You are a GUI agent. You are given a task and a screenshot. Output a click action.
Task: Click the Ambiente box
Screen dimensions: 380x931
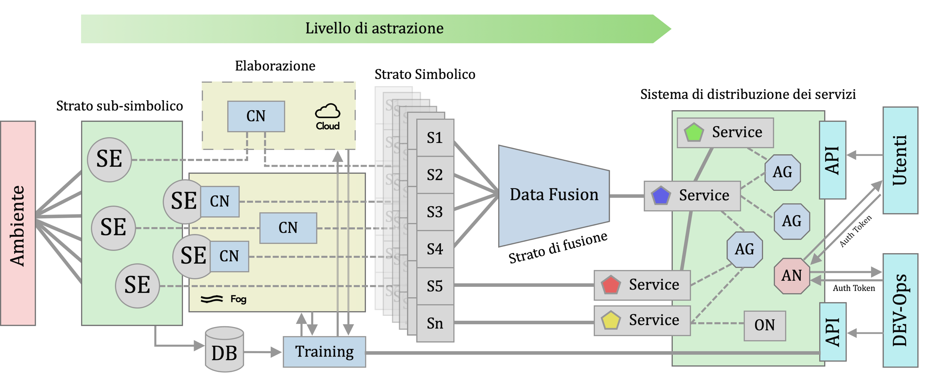(x=18, y=223)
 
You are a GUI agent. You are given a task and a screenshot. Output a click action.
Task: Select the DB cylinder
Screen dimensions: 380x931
(x=224, y=350)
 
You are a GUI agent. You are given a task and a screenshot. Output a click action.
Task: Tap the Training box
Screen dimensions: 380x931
(x=324, y=352)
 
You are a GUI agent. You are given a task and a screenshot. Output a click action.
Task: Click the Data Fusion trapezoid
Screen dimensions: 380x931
(x=554, y=195)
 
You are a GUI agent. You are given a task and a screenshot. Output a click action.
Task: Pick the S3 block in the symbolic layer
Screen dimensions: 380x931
(x=435, y=212)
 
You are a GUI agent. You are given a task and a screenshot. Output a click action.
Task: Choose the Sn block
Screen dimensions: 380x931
(x=435, y=323)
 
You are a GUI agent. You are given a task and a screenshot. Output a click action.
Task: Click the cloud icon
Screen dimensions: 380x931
(x=327, y=111)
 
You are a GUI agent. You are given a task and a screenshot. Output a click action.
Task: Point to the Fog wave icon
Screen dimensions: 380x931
(x=212, y=299)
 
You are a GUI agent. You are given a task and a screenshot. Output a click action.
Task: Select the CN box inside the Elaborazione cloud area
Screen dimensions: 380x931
(x=256, y=116)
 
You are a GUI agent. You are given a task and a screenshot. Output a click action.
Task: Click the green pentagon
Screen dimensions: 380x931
(x=694, y=133)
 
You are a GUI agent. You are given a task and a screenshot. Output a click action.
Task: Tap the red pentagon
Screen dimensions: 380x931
(x=611, y=285)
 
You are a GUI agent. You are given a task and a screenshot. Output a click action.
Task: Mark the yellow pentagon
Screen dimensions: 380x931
(x=611, y=320)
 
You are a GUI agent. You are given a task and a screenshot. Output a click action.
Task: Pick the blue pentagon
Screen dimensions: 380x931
(x=661, y=195)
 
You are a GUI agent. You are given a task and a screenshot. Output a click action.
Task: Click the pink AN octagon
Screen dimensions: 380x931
(x=792, y=276)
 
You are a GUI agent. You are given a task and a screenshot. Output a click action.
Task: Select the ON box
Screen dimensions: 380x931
(x=764, y=325)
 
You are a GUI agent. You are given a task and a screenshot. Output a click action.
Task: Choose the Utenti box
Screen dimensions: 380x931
(x=900, y=160)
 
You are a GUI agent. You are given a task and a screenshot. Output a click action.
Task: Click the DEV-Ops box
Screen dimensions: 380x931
(x=900, y=310)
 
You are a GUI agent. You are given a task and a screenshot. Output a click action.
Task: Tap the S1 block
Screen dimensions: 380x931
(x=435, y=138)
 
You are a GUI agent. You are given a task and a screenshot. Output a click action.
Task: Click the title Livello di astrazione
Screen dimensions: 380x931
(x=374, y=29)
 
